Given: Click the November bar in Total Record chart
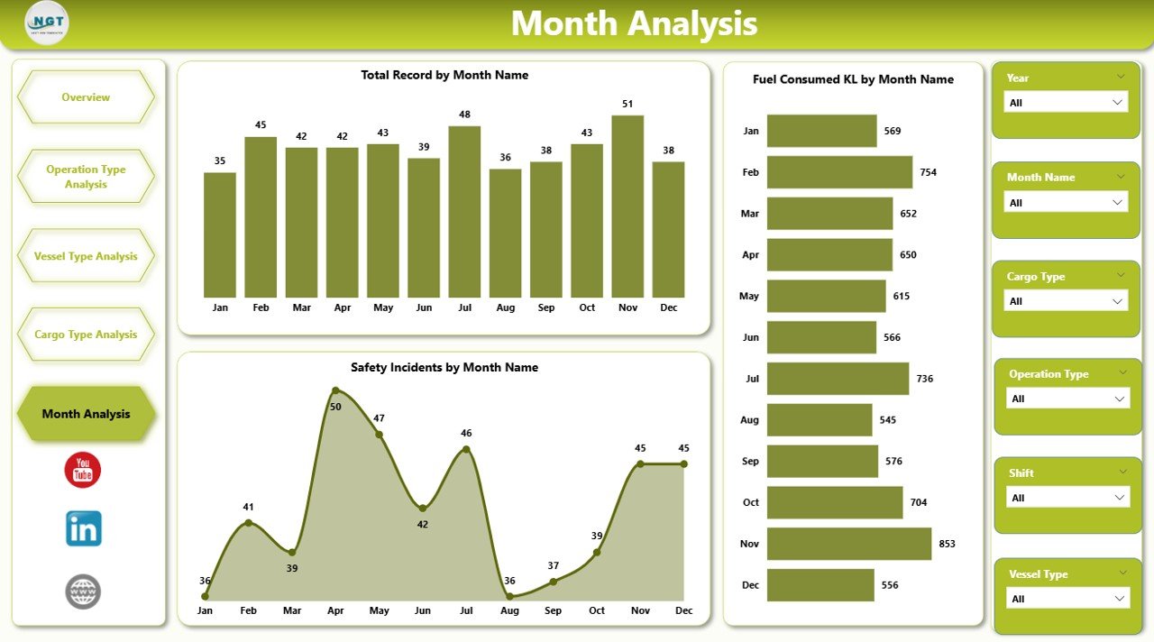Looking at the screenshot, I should pyautogui.click(x=627, y=206).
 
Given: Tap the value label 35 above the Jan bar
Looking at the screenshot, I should pyautogui.click(x=220, y=161).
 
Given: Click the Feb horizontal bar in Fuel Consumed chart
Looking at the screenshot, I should pyautogui.click(x=839, y=172).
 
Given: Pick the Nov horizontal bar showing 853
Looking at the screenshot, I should pyautogui.click(x=848, y=544).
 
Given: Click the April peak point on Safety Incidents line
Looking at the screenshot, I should pyautogui.click(x=335, y=390).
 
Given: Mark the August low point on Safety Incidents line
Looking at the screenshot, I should pyautogui.click(x=510, y=596).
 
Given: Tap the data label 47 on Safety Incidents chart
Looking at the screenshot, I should pyautogui.click(x=379, y=418).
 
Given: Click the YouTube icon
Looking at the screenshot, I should pyautogui.click(x=83, y=471).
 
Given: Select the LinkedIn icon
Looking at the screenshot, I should pyautogui.click(x=83, y=529).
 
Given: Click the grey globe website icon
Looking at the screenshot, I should pyautogui.click(x=83, y=592).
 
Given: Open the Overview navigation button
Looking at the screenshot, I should pyautogui.click(x=86, y=97).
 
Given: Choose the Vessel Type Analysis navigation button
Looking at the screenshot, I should pyautogui.click(x=86, y=256).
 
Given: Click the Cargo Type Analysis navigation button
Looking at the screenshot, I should pyautogui.click(x=86, y=335).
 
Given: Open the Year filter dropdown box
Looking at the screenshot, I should pyautogui.click(x=1066, y=103).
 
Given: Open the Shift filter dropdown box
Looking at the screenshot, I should pyautogui.click(x=1067, y=498).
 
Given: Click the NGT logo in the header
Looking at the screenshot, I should pyautogui.click(x=47, y=23).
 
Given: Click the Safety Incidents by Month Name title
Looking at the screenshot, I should pyautogui.click(x=444, y=368).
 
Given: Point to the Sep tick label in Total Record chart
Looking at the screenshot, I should pyautogui.click(x=546, y=307).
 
